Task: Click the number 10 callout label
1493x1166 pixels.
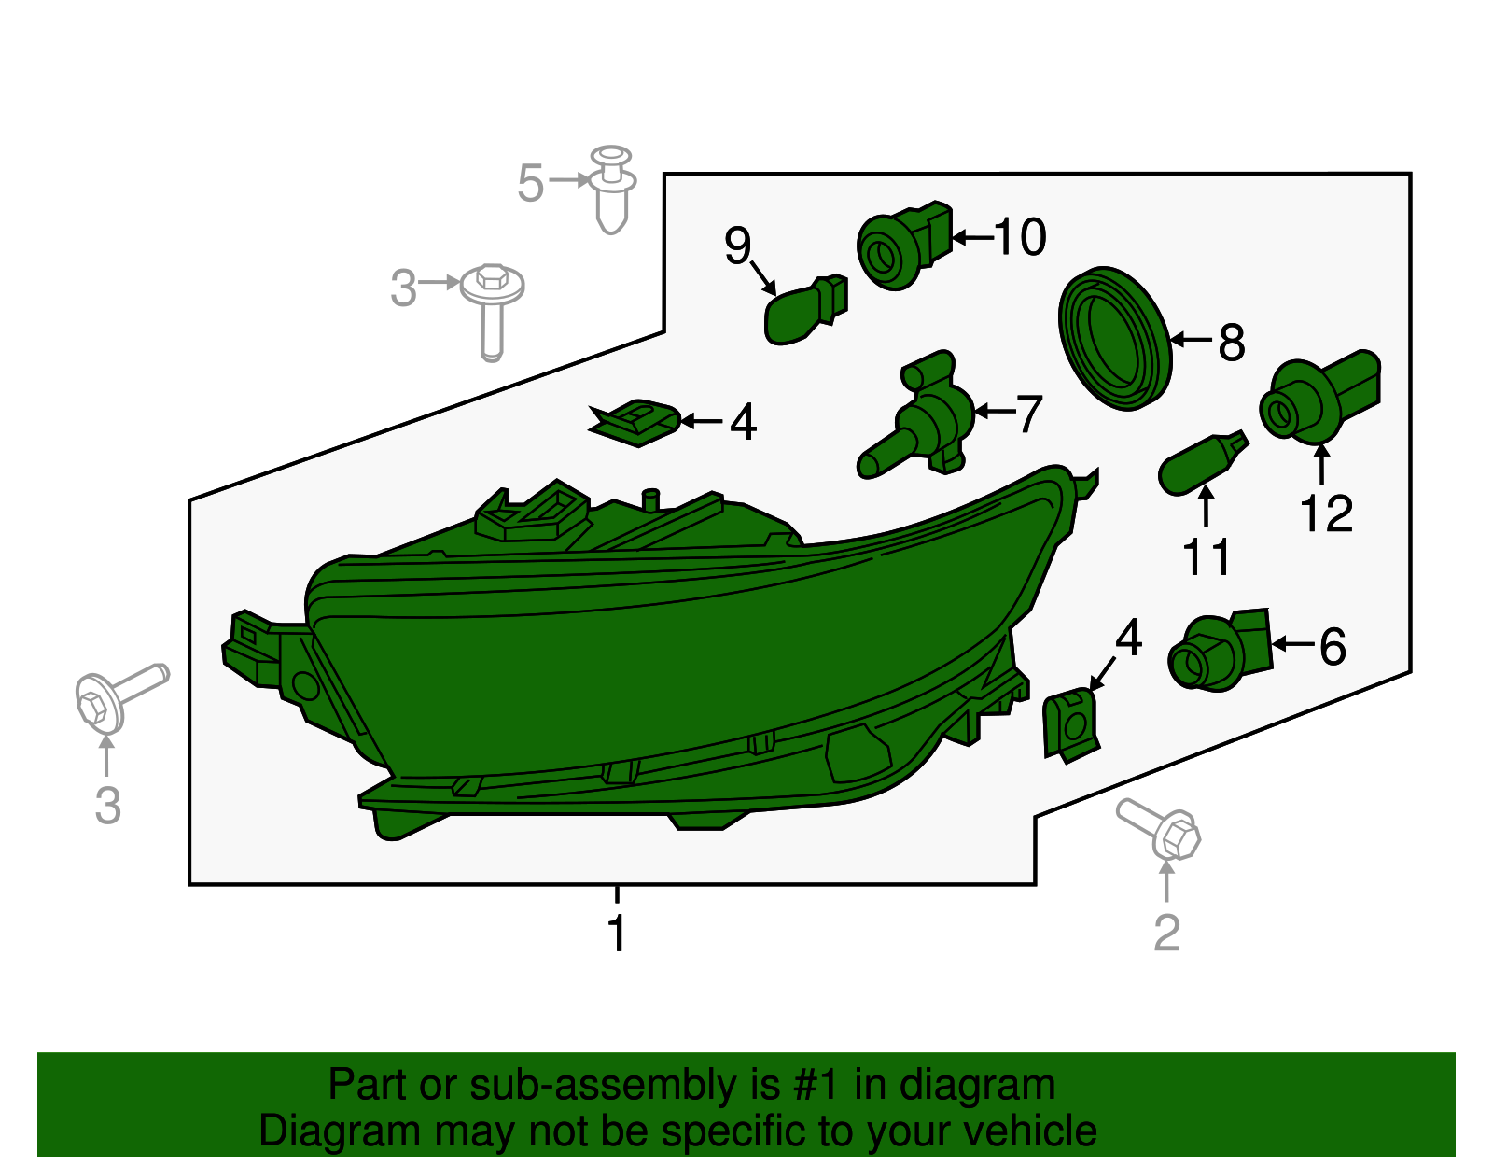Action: (1020, 237)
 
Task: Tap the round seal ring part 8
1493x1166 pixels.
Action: (1114, 339)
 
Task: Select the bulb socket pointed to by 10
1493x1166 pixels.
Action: (904, 246)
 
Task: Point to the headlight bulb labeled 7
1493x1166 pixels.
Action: (915, 415)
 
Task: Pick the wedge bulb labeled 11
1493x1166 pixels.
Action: (1203, 462)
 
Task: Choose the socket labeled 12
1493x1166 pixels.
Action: (1319, 397)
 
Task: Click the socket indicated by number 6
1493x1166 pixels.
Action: (1221, 650)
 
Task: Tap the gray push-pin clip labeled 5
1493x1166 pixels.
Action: (612, 189)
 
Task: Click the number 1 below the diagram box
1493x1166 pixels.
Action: (618, 933)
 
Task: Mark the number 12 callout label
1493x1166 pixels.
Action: (1326, 513)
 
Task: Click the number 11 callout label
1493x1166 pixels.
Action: (1207, 556)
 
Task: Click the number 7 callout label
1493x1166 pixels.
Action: (1028, 414)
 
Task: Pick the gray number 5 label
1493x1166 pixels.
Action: (530, 183)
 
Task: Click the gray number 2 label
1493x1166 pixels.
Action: (1167, 933)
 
